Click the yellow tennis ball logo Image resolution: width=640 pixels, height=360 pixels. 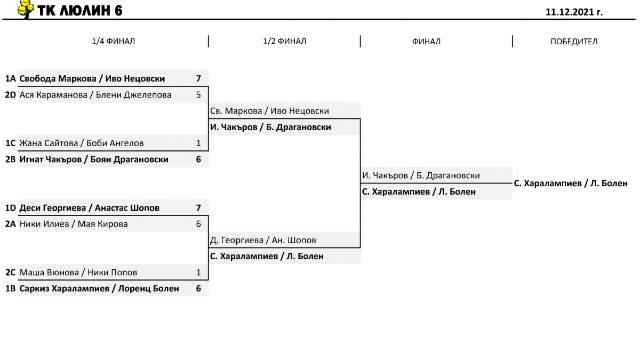26,9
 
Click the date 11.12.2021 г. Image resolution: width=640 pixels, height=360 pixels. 574,12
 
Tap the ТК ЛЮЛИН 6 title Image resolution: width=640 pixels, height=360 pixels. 79,11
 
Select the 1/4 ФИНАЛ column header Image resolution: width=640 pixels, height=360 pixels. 113,41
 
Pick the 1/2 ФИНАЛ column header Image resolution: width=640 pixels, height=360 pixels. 284,41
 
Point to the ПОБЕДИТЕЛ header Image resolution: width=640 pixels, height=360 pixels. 574,42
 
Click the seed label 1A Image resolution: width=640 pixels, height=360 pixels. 11,78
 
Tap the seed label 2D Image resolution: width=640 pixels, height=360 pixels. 11,95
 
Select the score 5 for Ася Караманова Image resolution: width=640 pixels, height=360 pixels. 198,95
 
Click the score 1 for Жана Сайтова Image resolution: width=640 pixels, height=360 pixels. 198,143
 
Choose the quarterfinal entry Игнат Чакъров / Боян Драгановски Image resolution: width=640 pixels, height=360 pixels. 94,159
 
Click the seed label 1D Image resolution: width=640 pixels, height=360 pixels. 11,207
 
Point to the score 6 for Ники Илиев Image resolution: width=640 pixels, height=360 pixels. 198,224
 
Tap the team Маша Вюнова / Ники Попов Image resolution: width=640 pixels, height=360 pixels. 78,273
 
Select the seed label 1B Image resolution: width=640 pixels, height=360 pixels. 11,289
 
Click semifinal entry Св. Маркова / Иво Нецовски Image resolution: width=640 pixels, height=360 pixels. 269,111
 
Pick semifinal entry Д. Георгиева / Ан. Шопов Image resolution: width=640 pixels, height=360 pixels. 263,241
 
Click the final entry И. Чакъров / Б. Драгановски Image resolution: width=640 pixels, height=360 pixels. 421,175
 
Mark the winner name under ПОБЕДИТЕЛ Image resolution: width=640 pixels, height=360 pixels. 571,183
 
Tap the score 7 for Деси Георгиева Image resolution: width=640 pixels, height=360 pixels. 198,207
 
